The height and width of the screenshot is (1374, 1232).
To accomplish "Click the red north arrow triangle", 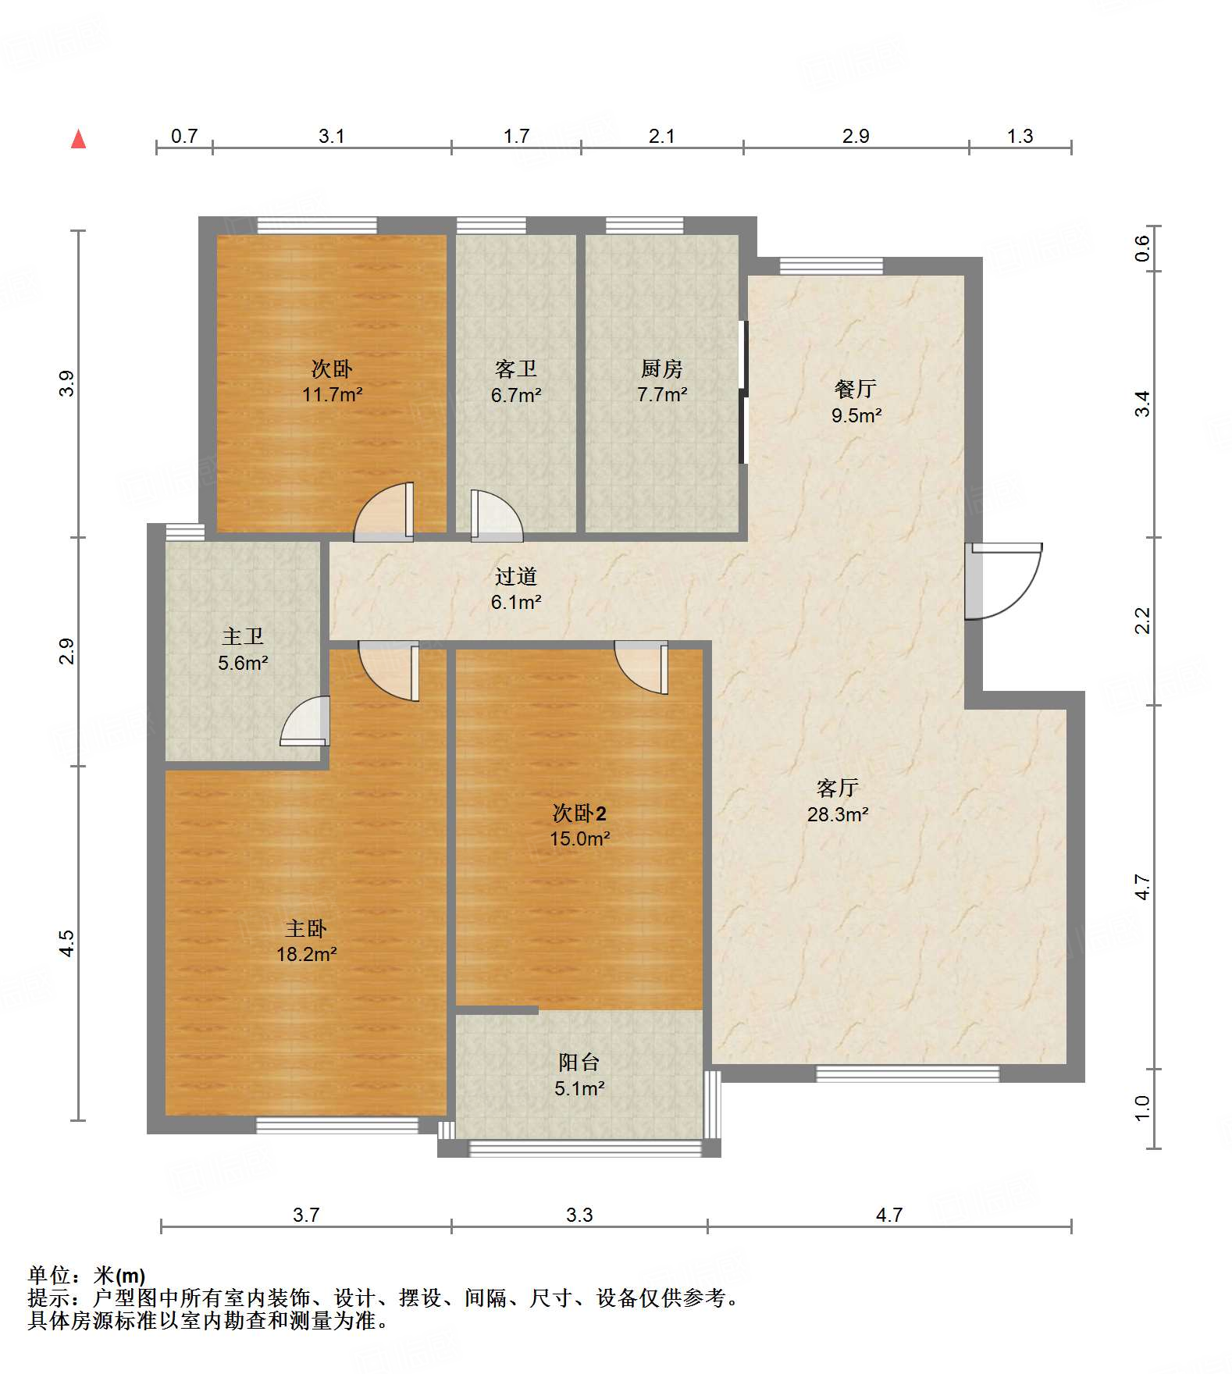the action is click(78, 139).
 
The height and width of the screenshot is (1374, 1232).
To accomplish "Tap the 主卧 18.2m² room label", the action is click(306, 941).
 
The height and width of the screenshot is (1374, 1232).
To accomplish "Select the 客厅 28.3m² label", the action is click(838, 801).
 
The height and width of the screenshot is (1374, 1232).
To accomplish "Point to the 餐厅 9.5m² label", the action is click(856, 401).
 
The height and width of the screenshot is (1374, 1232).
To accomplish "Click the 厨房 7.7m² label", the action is click(662, 381).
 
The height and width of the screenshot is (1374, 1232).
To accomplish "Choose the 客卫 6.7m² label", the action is click(515, 381).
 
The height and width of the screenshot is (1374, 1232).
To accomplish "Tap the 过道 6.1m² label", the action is click(516, 589).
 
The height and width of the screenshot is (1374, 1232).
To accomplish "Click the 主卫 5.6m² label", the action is click(243, 650).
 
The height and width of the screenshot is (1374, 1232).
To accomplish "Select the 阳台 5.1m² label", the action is click(579, 1074).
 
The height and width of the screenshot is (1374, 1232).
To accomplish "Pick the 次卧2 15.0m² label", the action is click(579, 826).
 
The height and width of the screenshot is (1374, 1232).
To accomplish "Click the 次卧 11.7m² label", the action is click(332, 381).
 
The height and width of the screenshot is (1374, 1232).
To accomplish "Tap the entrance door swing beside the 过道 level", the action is click(1003, 581).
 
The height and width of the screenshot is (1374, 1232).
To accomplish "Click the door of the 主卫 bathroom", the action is click(305, 720).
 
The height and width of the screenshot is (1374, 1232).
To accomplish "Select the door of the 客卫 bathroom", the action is click(497, 515).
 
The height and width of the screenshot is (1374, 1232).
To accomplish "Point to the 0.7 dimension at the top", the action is click(184, 137).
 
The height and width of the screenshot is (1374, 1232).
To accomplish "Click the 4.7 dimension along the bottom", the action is click(889, 1215).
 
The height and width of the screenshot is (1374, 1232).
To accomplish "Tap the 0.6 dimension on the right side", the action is click(1142, 248).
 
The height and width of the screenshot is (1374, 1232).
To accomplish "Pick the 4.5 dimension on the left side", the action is click(67, 943).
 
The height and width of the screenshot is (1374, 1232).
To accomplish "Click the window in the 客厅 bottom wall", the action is click(908, 1073).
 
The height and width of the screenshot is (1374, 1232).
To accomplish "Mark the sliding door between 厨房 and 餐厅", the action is click(743, 392).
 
